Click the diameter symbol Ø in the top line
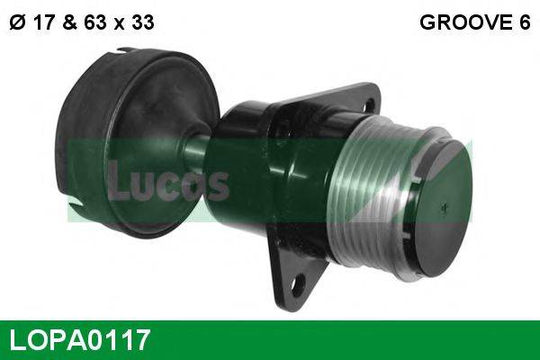(16, 23)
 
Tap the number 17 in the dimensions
(41, 23)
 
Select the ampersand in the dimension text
(69, 23)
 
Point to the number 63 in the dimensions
(95, 23)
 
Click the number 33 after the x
(141, 23)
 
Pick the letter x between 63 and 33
(119, 24)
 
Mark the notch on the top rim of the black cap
(120, 56)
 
